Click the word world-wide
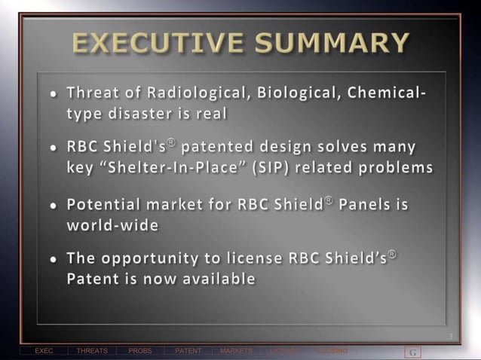112,224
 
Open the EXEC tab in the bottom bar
44,351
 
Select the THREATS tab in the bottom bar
92,351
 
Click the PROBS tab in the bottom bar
140,351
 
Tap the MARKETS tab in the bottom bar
236,351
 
